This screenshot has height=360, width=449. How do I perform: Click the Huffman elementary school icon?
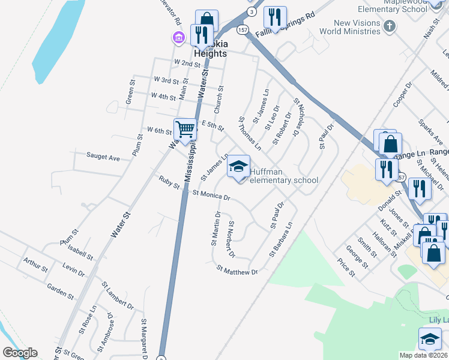coord(238,166)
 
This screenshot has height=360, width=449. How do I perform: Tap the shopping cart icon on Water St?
coord(185,128)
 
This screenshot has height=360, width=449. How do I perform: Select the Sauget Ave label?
coord(103,157)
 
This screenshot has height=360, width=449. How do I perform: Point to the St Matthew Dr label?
coord(237,271)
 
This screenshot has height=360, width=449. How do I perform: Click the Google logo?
coord(20,353)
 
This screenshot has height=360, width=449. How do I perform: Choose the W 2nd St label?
coord(187,64)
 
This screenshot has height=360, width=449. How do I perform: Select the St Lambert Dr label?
coord(118,296)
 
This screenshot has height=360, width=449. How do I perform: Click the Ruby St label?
coord(169,182)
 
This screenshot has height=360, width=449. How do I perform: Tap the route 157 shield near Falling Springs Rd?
coord(242,29)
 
